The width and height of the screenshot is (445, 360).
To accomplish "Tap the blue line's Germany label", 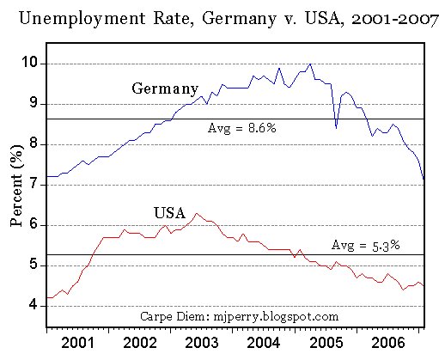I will [165, 88].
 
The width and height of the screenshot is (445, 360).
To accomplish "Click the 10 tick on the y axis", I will [32, 63].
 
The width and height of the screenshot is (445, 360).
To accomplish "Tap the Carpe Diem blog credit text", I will [233, 316].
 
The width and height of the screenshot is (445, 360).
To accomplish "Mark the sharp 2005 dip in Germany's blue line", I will [336, 126].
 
